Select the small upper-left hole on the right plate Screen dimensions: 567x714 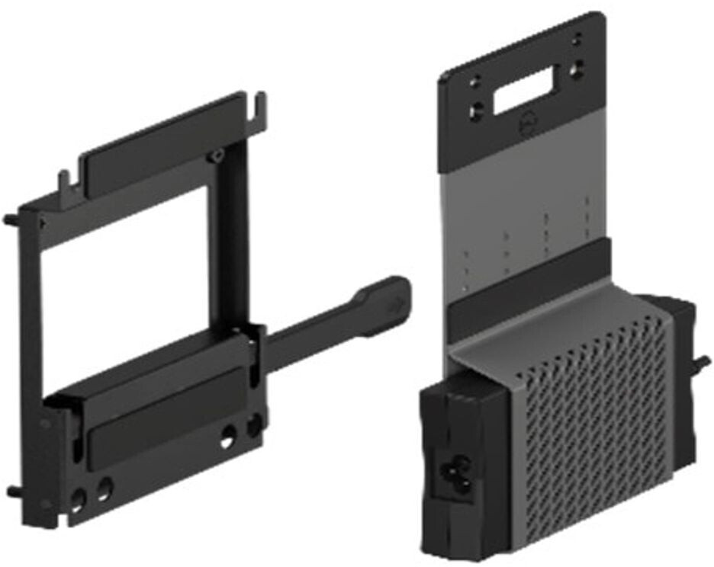(x=474, y=79)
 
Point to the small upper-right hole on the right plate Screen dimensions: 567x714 (x=577, y=36)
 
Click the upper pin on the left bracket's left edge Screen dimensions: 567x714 (x=11, y=220)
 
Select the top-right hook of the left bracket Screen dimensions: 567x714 (x=260, y=106)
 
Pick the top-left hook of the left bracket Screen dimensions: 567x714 (x=65, y=181)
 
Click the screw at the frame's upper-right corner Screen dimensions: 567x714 (x=217, y=156)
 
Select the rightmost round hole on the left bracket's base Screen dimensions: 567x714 (x=255, y=425)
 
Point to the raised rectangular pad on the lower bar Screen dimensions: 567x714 (x=168, y=437)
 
